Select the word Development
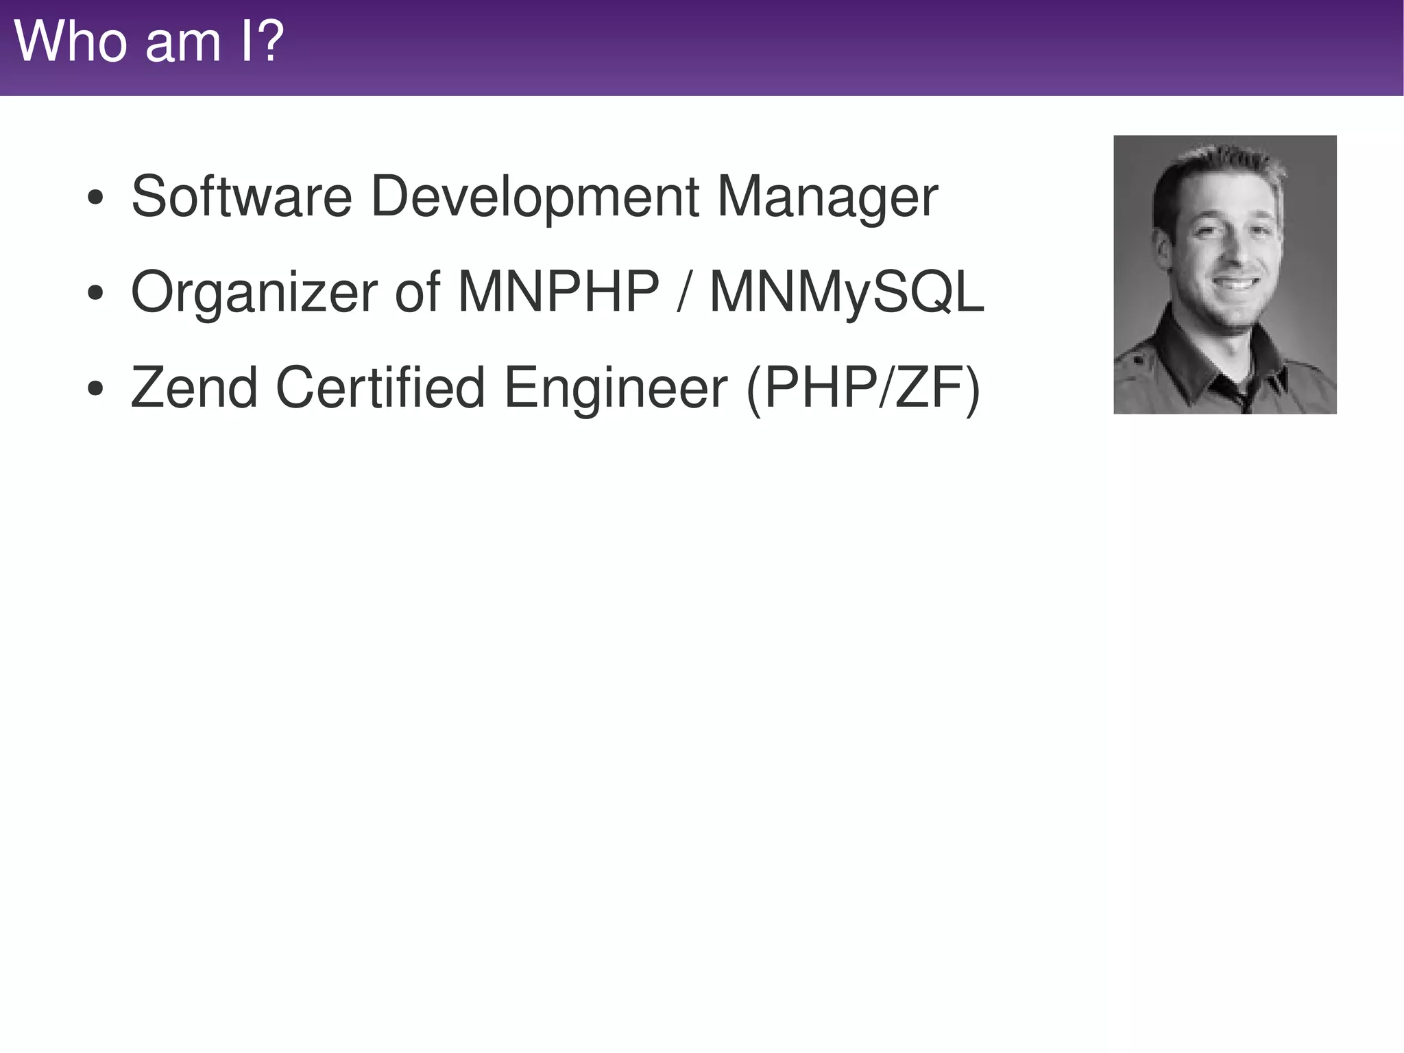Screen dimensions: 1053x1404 tap(535, 197)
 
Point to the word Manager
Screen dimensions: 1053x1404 tap(827, 197)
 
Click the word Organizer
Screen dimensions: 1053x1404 tap(254, 293)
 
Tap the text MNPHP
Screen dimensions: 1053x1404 tap(558, 293)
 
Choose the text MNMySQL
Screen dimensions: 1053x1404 tap(847, 293)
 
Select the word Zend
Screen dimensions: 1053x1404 tap(195, 388)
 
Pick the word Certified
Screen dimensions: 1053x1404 tap(380, 388)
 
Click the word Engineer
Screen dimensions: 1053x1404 tap(616, 388)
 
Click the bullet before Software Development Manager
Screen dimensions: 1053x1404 tap(95, 199)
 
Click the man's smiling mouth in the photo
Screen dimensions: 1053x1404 tap(1235, 283)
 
